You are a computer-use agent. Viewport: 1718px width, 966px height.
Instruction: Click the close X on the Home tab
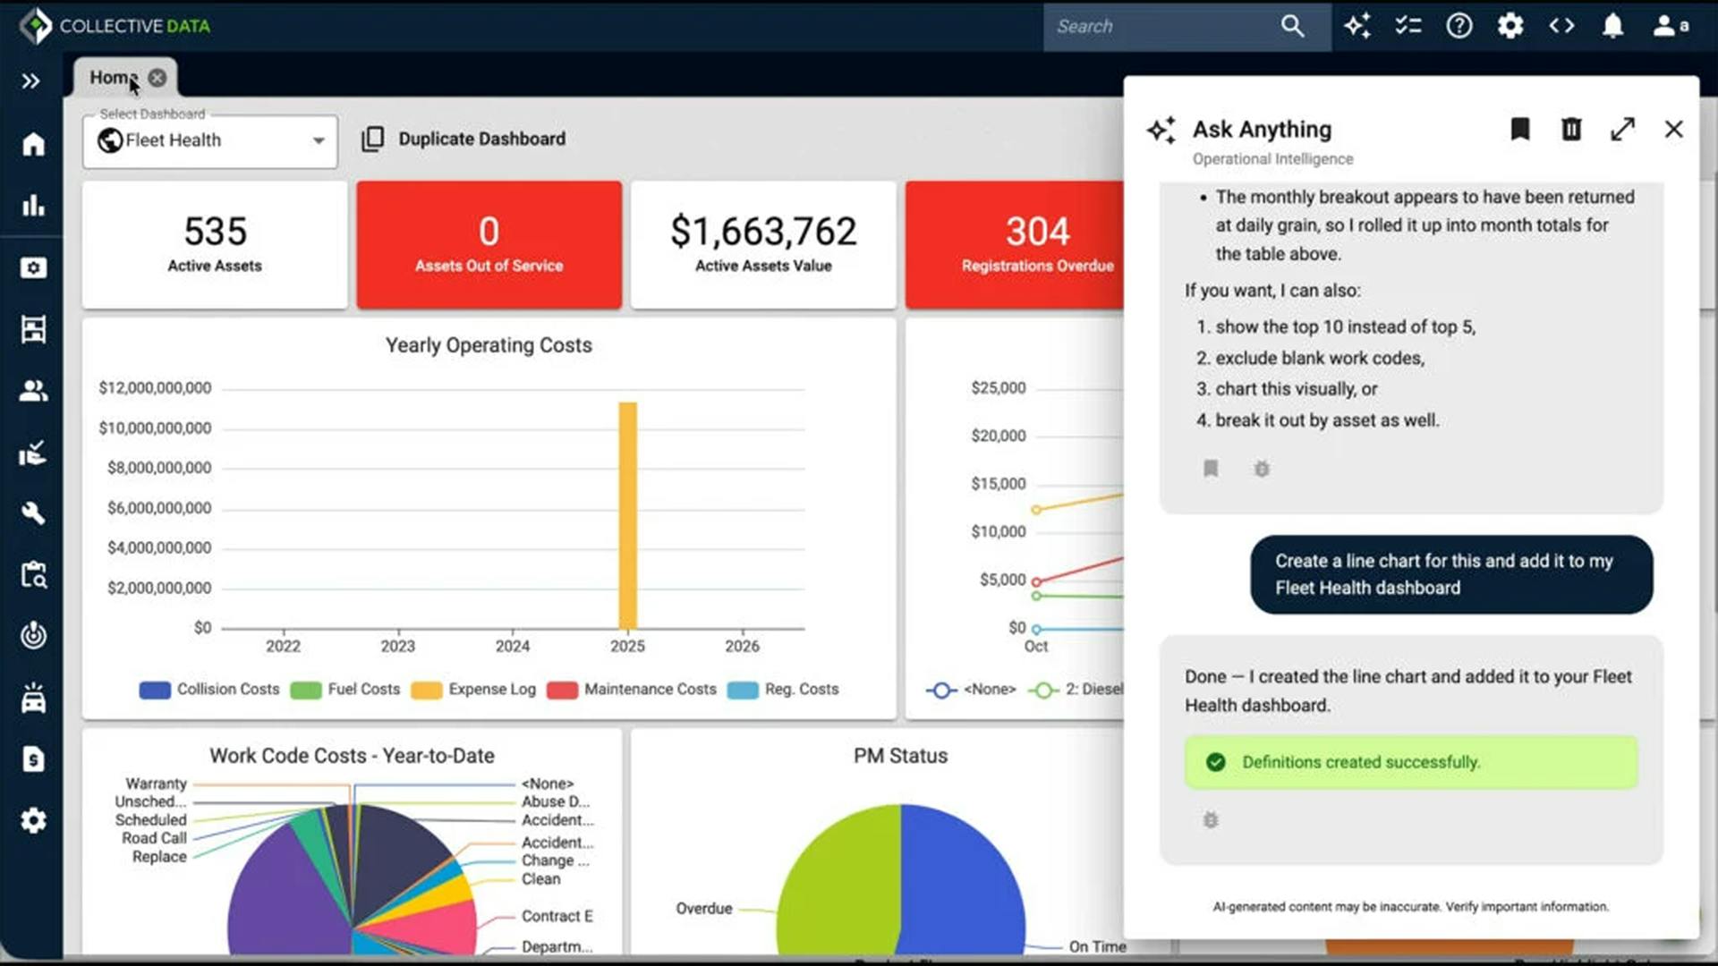point(157,78)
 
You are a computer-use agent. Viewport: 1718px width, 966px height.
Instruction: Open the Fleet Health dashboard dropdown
point(318,140)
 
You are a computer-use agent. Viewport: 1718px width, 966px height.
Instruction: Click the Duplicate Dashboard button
point(464,139)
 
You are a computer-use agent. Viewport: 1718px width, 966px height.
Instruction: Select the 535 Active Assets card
point(215,244)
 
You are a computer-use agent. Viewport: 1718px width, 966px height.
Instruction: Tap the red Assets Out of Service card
point(489,244)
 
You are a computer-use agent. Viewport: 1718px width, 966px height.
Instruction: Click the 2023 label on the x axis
point(397,646)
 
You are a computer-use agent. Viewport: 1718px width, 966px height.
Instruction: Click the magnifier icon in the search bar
point(1292,26)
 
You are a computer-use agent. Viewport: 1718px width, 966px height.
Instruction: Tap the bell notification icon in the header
point(1612,26)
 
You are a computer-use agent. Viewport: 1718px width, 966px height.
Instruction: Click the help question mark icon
point(1459,26)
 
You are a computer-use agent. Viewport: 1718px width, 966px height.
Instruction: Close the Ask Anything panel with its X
point(1673,130)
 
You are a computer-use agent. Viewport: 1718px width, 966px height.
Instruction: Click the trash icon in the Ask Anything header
point(1571,130)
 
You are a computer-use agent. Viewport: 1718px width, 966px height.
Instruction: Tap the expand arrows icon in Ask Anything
point(1622,130)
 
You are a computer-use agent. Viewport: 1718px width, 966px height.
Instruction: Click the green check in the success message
point(1215,762)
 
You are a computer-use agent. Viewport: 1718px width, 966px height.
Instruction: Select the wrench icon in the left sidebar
point(33,513)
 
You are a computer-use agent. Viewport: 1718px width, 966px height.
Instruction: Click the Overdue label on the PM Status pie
point(704,909)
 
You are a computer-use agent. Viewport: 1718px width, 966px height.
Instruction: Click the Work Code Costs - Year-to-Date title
point(352,756)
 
